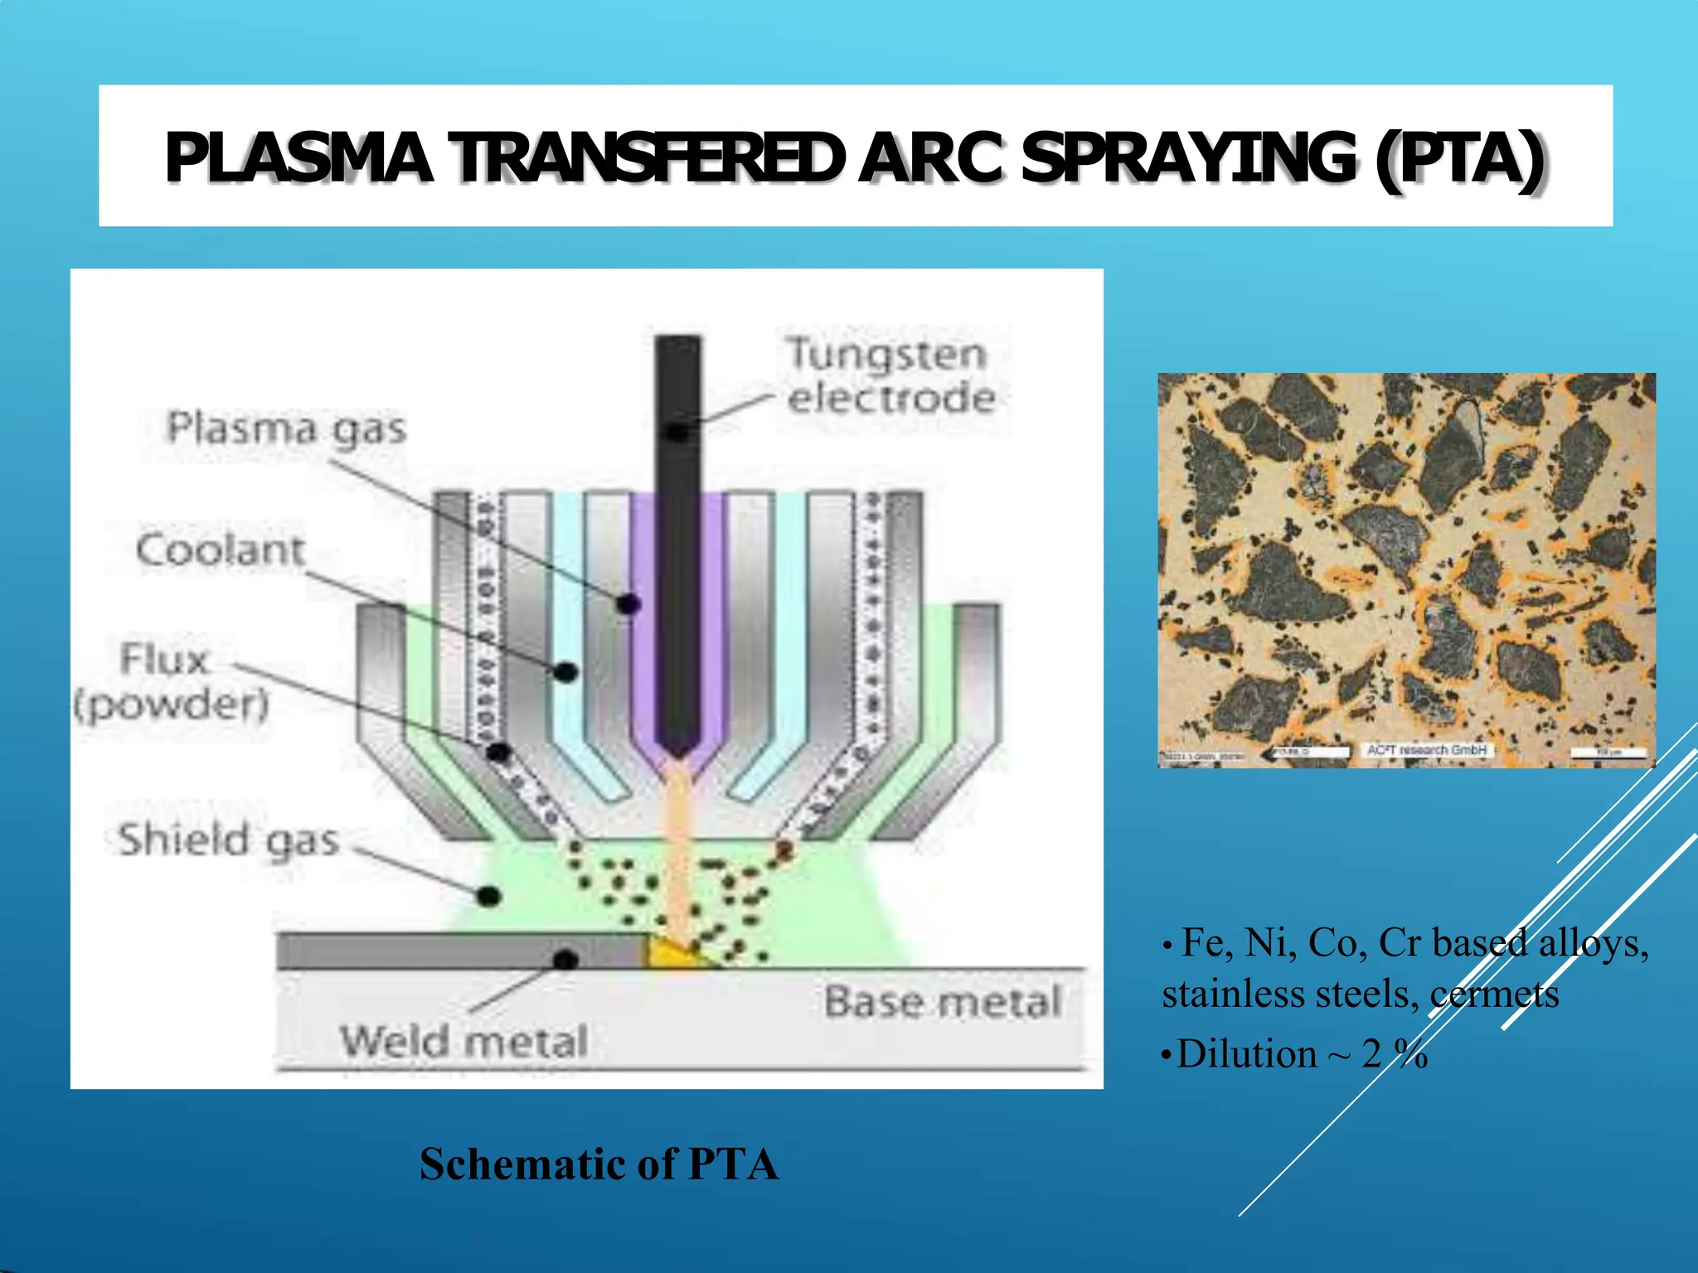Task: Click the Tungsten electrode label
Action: [890, 375]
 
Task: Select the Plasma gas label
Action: [287, 429]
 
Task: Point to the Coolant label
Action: [221, 550]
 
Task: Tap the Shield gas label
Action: [228, 840]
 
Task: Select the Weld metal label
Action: [464, 1041]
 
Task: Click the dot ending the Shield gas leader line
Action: [489, 895]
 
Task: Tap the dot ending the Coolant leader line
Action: [565, 671]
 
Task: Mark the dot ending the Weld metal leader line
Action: [565, 960]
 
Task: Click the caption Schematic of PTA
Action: [599, 1164]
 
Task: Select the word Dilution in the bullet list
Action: [1246, 1054]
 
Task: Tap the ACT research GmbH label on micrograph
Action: [1426, 750]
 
